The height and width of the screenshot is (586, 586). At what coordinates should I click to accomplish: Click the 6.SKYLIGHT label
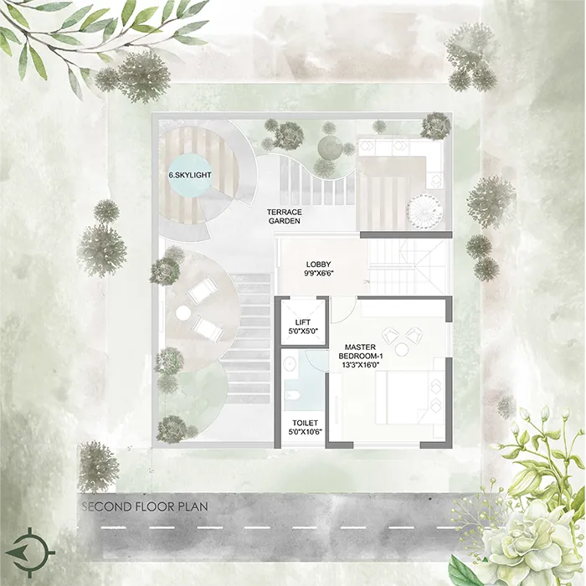[190, 174]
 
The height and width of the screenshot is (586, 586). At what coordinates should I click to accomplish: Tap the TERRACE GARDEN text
[284, 216]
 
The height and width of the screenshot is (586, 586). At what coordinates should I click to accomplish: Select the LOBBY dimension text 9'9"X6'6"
[318, 273]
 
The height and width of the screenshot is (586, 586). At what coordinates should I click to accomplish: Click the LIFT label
[302, 322]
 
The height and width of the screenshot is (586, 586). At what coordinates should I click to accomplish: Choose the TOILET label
[305, 423]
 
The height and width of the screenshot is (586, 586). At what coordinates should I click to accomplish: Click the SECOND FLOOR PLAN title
[145, 506]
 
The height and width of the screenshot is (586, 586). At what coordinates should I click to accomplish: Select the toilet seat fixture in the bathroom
[293, 395]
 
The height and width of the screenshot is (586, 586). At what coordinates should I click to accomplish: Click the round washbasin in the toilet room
[289, 362]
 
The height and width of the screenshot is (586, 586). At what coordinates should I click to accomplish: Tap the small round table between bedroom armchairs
[402, 349]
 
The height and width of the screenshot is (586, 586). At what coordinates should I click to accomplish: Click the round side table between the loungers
[183, 312]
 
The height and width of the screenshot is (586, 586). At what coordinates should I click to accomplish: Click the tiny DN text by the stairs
[367, 282]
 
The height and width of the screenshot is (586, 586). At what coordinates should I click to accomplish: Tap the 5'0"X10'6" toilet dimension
[305, 432]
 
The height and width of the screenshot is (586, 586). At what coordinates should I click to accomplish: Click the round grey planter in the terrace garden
[329, 148]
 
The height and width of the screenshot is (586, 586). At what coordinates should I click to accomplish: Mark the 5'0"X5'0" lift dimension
[302, 331]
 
